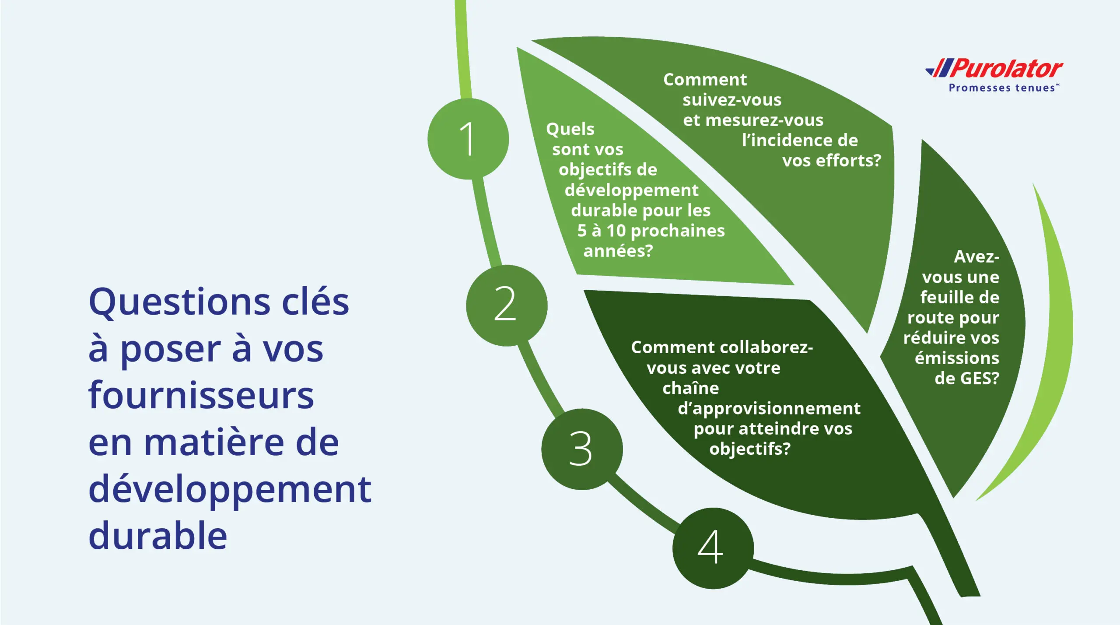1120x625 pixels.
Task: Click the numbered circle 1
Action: [468, 139]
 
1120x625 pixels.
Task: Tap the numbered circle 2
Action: [506, 305]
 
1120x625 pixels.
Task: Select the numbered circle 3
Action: [581, 449]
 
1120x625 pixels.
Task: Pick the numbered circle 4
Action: [712, 548]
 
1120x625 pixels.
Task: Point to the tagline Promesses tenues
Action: [1002, 88]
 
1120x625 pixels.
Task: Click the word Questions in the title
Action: [179, 303]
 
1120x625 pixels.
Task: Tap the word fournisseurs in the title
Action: [201, 396]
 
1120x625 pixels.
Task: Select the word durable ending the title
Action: [157, 536]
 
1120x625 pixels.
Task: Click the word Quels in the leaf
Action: [570, 129]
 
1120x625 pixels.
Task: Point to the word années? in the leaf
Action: [618, 251]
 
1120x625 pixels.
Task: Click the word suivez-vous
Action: [731, 100]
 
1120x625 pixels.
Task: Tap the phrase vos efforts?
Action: [831, 161]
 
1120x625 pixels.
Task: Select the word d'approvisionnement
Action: [769, 408]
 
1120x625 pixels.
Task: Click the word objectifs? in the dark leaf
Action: [749, 449]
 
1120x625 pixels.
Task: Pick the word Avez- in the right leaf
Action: [976, 257]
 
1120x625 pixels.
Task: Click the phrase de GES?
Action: [966, 379]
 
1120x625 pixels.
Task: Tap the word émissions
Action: [957, 358]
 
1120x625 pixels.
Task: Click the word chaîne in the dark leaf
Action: [690, 388]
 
